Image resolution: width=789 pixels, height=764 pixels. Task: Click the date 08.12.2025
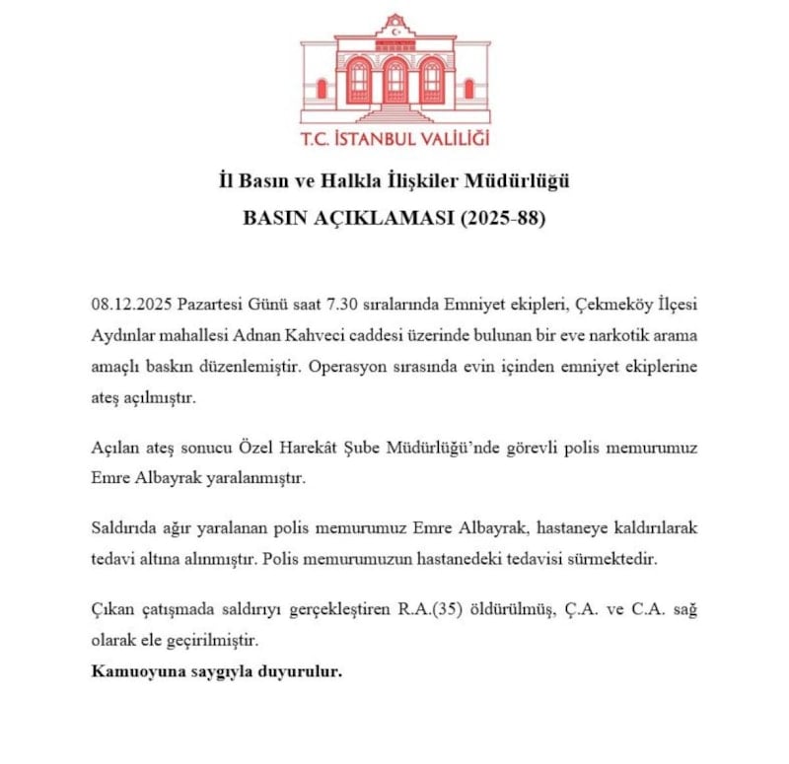(129, 301)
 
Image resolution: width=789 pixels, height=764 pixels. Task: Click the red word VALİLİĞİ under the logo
(448, 139)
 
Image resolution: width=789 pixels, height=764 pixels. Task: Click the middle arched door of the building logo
(394, 82)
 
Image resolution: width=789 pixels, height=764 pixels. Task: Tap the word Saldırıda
(126, 528)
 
